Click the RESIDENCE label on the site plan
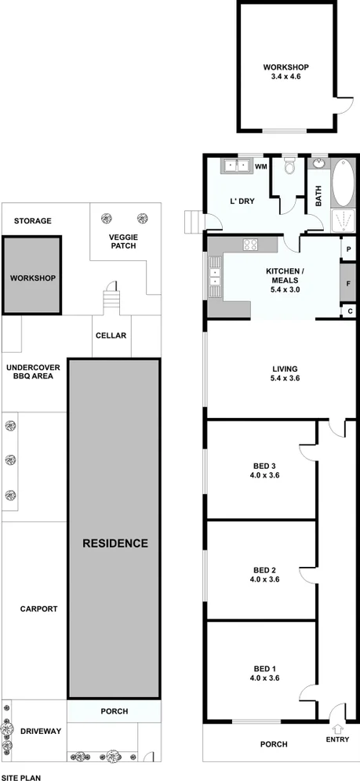pos(115,543)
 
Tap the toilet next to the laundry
pos(289,166)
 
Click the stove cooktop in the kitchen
pos(251,245)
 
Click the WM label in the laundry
pos(260,166)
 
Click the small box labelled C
pos(347,311)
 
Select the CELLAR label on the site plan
pos(111,336)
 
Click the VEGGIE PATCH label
pos(122,240)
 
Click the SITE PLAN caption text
pos(22,776)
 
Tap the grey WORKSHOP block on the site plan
pos(32,278)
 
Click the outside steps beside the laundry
pos(195,222)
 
